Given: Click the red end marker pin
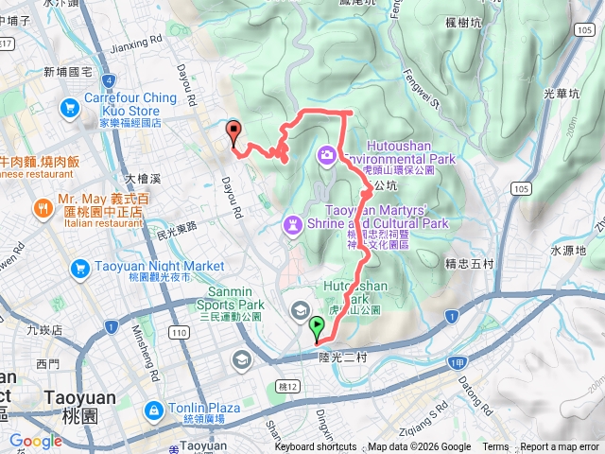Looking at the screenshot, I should (233, 132).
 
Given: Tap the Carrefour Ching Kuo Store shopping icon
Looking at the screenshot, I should (70, 110).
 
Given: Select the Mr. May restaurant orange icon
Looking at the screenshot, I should (42, 208).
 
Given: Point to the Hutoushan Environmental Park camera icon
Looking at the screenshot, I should (326, 153).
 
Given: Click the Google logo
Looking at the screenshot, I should (35, 441).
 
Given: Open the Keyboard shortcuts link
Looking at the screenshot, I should (316, 447).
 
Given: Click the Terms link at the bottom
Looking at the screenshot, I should (495, 447).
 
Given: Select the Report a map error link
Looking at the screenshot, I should (561, 447).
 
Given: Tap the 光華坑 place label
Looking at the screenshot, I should (563, 94).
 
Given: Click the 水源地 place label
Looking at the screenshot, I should (568, 250).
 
